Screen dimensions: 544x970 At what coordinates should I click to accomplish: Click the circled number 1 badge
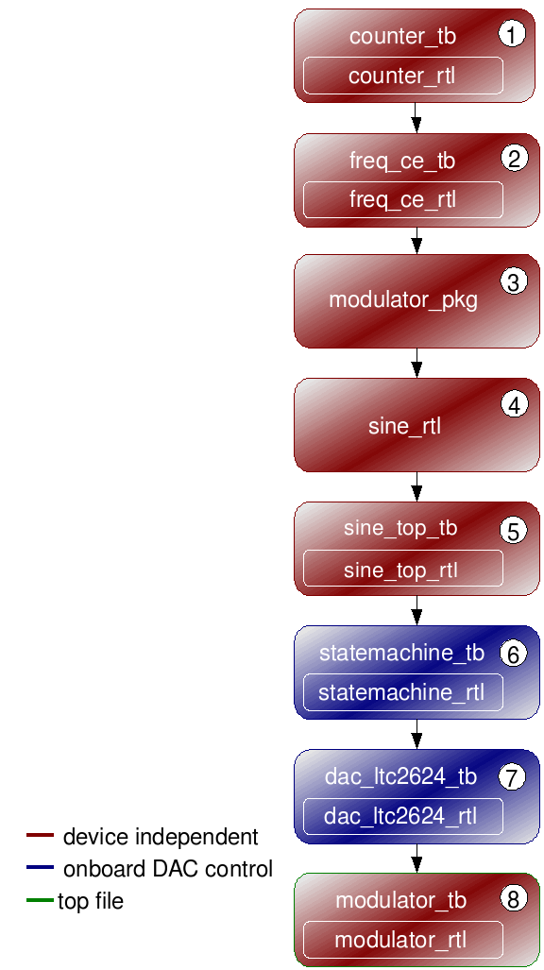click(512, 34)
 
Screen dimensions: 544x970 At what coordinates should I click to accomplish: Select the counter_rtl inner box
click(403, 76)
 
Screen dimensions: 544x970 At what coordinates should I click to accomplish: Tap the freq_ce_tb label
click(402, 161)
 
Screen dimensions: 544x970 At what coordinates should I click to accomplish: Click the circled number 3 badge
click(514, 282)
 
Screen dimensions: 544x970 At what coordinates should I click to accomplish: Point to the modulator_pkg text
click(403, 300)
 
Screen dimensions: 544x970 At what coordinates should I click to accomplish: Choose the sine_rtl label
click(405, 426)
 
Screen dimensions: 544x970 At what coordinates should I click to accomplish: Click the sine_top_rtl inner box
click(403, 569)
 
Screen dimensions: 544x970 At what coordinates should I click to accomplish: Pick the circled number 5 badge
click(514, 530)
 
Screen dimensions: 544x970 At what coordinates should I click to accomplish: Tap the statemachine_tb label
click(401, 653)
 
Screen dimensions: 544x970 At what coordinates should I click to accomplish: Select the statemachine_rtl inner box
click(403, 692)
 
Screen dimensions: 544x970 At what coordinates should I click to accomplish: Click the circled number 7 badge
click(512, 777)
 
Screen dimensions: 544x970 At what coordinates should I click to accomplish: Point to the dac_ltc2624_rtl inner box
click(403, 816)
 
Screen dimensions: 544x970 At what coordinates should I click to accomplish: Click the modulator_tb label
click(401, 900)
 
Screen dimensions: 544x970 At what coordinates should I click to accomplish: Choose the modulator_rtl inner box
click(403, 940)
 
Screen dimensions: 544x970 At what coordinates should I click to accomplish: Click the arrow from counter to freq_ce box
click(416, 117)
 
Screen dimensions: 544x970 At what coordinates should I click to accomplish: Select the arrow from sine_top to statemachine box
click(416, 610)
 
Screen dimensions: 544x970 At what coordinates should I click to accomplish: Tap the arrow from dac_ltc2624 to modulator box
click(416, 859)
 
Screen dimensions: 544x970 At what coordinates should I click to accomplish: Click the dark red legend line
click(41, 836)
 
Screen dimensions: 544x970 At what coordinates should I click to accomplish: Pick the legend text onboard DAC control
click(168, 869)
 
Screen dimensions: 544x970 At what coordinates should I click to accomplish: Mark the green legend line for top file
click(41, 900)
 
